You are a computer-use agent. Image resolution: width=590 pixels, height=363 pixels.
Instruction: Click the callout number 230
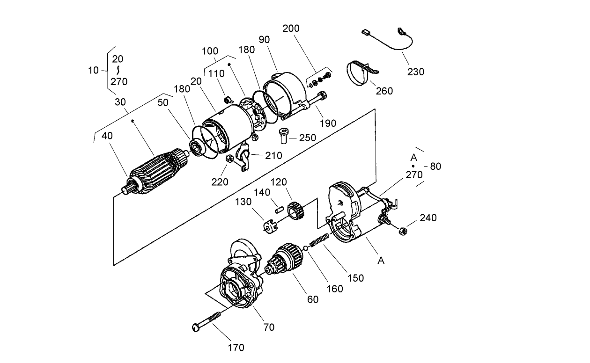point(416,72)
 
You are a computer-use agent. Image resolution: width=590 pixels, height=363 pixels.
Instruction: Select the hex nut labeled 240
point(402,230)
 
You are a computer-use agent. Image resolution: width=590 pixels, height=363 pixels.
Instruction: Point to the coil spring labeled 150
point(319,241)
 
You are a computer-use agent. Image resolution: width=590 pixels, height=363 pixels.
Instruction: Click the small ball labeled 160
point(305,247)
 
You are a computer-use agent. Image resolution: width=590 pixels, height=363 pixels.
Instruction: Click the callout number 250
point(307,138)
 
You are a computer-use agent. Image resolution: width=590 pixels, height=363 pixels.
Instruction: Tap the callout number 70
point(269,327)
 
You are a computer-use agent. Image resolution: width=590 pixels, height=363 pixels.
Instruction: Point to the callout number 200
point(291,29)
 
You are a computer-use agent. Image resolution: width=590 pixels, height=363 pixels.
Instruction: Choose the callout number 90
point(265,40)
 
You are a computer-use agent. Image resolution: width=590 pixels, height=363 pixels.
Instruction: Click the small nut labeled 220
point(229,160)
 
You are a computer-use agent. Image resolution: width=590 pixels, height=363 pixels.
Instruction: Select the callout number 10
point(94,70)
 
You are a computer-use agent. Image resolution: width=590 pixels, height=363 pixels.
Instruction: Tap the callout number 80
point(435,166)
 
